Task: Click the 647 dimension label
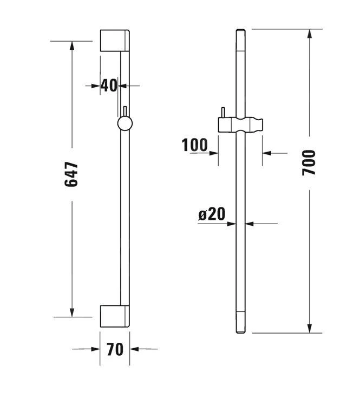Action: [71, 174]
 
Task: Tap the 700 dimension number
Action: [309, 162]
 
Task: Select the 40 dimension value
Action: [109, 86]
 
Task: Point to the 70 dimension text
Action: [115, 349]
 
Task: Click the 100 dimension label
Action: [194, 145]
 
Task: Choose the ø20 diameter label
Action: [212, 214]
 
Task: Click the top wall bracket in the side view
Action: [115, 41]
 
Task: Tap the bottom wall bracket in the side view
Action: [115, 316]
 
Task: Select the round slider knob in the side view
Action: [125, 123]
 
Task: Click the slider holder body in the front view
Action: [240, 125]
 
